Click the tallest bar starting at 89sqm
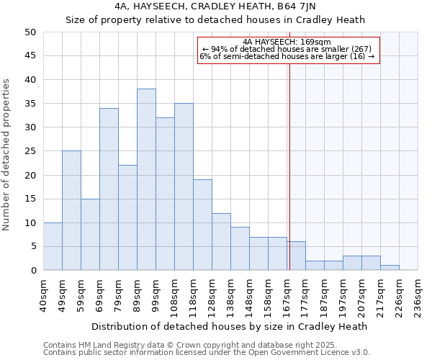146,179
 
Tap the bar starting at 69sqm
109,189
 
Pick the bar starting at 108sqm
184,186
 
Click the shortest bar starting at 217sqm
390,268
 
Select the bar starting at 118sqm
202,225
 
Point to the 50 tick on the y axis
30,32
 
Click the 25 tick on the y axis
30,151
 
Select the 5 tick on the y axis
33,246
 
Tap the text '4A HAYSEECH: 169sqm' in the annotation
287,42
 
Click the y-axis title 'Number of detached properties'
8,155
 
